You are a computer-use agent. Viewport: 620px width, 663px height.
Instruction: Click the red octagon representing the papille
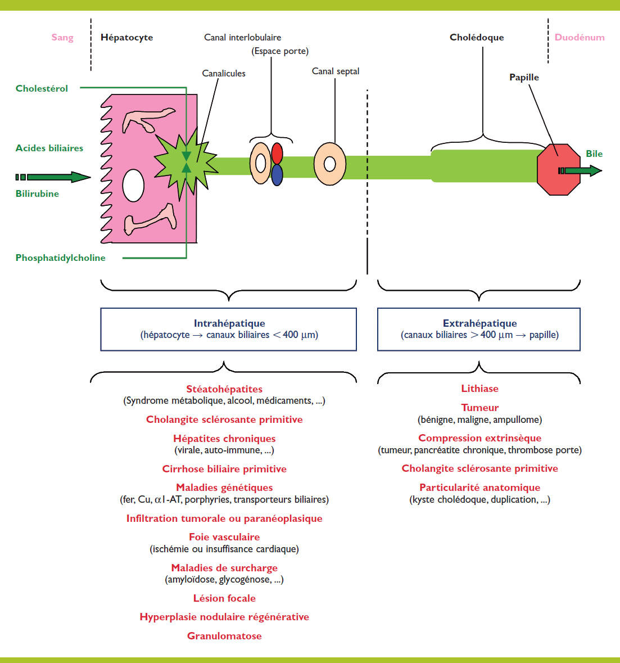click(x=558, y=169)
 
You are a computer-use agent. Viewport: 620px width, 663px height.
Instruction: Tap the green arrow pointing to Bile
click(x=582, y=170)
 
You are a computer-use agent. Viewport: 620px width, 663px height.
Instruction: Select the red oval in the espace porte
click(x=277, y=153)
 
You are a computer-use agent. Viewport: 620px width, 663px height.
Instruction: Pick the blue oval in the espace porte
click(x=277, y=175)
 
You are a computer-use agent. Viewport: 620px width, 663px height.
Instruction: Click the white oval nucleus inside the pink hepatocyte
click(x=133, y=186)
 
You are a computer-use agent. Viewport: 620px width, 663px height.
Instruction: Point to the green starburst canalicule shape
click(x=183, y=164)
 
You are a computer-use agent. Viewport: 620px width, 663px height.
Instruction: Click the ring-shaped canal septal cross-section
click(x=330, y=164)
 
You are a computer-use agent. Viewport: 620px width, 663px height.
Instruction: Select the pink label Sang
click(x=62, y=38)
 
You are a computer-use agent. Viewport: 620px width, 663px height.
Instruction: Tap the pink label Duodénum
click(x=579, y=38)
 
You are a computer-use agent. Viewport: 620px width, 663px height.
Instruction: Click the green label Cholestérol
click(x=42, y=88)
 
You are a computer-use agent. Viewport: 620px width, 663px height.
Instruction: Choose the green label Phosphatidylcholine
click(x=60, y=258)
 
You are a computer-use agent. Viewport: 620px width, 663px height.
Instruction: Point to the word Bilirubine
click(x=37, y=194)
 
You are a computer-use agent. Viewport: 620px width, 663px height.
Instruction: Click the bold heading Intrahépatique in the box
click(x=229, y=323)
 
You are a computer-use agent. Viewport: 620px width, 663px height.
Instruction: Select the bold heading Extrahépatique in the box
click(x=479, y=323)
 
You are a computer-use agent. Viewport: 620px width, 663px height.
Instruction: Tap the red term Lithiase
click(x=479, y=389)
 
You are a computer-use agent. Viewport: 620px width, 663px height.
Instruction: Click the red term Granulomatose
click(x=224, y=636)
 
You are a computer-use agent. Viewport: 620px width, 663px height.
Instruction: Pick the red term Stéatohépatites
click(x=224, y=389)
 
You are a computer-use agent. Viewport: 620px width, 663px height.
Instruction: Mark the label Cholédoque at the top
click(x=477, y=38)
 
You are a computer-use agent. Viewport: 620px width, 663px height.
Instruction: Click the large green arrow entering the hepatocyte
click(x=56, y=177)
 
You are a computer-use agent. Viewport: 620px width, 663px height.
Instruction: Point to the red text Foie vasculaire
click(x=224, y=537)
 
